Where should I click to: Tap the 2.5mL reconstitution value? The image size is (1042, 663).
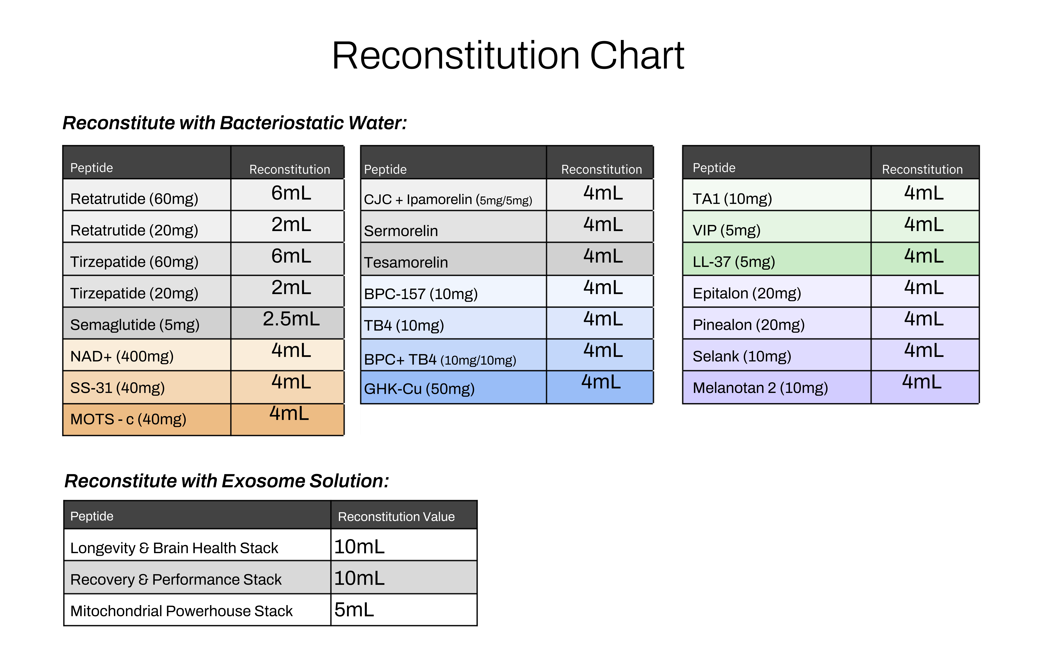point(291,319)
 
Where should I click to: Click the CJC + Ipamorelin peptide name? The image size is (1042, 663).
point(448,200)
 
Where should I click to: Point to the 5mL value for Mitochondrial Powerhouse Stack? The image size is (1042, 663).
point(354,610)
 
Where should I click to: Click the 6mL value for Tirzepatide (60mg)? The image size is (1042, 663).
point(291,256)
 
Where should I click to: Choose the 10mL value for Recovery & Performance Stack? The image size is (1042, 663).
point(359,578)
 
